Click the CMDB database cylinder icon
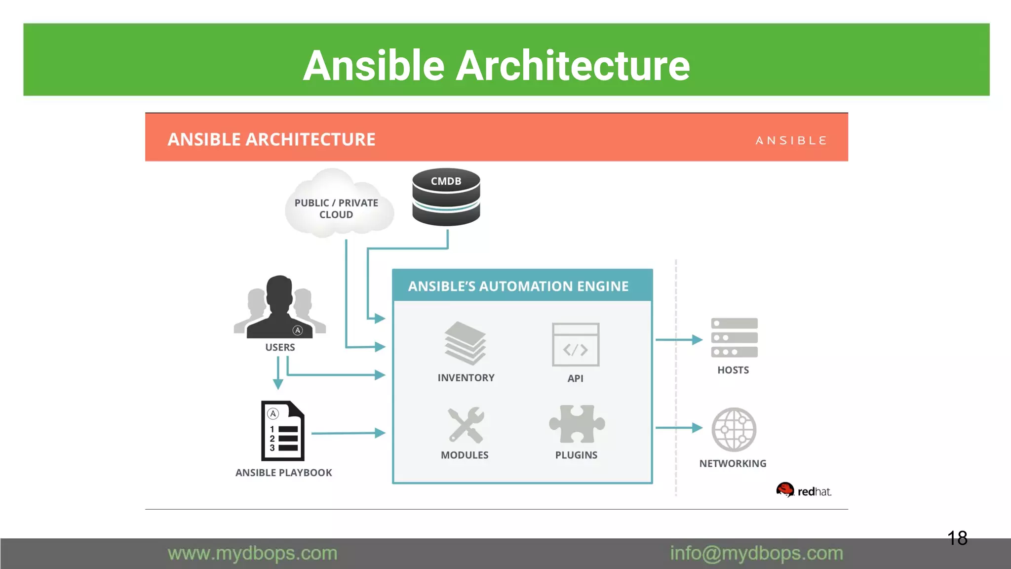pyautogui.click(x=446, y=198)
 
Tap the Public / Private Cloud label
pyautogui.click(x=336, y=208)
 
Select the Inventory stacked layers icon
pyautogui.click(x=465, y=343)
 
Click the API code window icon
pyautogui.click(x=576, y=345)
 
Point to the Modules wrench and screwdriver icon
pyautogui.click(x=466, y=425)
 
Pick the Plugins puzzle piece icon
pyautogui.click(x=577, y=424)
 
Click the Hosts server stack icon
pyautogui.click(x=734, y=338)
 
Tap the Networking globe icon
pyautogui.click(x=734, y=429)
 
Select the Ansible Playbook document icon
pyautogui.click(x=282, y=431)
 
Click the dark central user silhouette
pyautogui.click(x=279, y=309)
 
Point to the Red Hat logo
pyautogui.click(x=803, y=490)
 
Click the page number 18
pyautogui.click(x=957, y=538)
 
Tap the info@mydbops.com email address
pyautogui.click(x=756, y=553)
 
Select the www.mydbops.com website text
pyautogui.click(x=252, y=553)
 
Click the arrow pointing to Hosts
pyautogui.click(x=679, y=340)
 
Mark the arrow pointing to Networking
pyautogui.click(x=679, y=428)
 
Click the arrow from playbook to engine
pyautogui.click(x=348, y=433)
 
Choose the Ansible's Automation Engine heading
pyautogui.click(x=518, y=286)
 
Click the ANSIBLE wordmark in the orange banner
pyautogui.click(x=791, y=141)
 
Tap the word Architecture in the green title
pyautogui.click(x=573, y=66)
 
